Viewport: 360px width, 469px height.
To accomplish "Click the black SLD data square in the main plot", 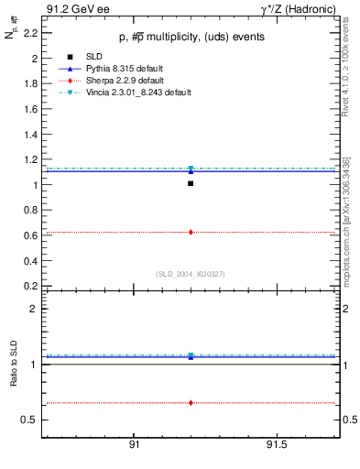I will tap(191, 183).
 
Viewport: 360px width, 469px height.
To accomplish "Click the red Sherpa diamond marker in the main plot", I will tap(191, 232).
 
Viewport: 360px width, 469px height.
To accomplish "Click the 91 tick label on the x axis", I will tap(133, 444).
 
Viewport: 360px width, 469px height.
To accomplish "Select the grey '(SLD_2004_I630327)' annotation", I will tap(190, 274).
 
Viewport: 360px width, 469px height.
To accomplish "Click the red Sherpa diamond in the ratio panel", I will tap(191, 403).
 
